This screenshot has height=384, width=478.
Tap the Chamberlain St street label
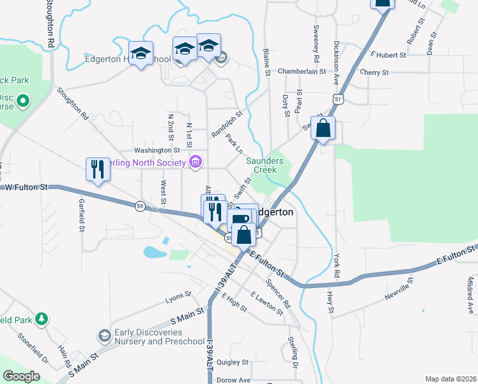pos(302,72)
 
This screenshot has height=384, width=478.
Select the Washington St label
pos(152,150)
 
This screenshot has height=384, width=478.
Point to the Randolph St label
pos(226,125)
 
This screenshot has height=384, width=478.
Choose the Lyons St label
pos(178,298)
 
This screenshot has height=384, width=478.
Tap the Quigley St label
pos(232,362)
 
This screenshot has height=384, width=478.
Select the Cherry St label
pos(374,72)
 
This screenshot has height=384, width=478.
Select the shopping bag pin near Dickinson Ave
pos(323,129)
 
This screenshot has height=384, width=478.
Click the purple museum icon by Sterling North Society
pos(196,162)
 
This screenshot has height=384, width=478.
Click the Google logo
pos(21,376)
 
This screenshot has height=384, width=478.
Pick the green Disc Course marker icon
pos(22,100)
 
